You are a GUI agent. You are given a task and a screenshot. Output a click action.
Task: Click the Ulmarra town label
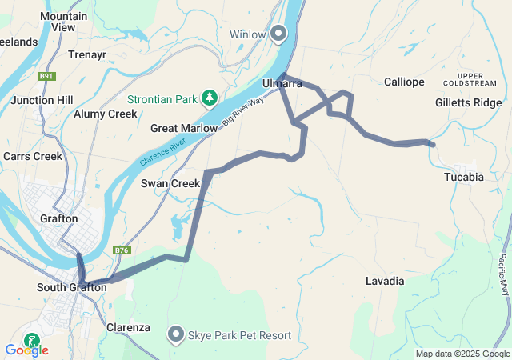(282, 83)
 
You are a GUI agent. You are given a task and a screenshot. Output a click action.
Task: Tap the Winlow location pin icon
(278, 34)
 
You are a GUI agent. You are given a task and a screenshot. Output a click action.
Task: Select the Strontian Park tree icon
(210, 98)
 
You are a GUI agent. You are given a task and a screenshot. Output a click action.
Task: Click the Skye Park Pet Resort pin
(176, 334)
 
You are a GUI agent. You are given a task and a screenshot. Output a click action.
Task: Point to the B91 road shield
(47, 77)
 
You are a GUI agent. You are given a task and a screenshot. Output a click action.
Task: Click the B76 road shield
(122, 250)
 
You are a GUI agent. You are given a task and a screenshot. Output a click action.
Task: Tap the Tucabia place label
(464, 177)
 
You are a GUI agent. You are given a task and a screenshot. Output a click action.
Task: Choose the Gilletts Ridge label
(468, 102)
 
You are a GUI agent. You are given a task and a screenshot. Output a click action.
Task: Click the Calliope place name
(404, 82)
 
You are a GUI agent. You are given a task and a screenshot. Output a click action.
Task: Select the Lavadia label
(385, 282)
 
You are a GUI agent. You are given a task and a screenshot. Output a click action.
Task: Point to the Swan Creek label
(170, 183)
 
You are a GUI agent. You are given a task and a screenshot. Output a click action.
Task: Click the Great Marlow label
(183, 128)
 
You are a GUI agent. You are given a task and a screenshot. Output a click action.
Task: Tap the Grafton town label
(59, 218)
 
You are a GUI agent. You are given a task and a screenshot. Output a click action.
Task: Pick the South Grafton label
(72, 287)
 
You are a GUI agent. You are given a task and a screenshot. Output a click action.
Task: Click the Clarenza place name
(129, 327)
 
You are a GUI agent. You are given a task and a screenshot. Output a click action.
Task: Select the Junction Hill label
(42, 100)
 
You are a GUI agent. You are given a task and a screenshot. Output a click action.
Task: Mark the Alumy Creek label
(106, 114)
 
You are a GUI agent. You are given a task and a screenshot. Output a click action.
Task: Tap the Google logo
(26, 350)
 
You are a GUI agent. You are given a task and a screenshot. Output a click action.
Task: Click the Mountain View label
(63, 21)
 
